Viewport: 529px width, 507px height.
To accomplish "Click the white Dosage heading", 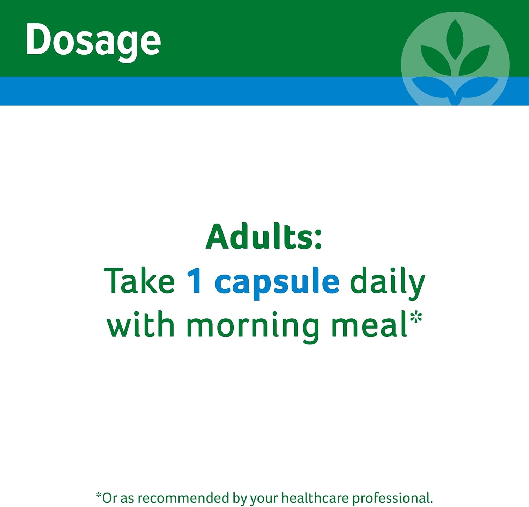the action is pyautogui.click(x=93, y=42).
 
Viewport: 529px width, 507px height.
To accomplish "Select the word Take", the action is pyautogui.click(x=139, y=281).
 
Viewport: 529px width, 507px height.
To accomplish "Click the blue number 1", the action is pyautogui.click(x=194, y=281).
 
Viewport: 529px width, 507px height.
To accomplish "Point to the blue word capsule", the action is pyautogui.click(x=277, y=283).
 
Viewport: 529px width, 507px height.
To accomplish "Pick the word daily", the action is pyautogui.click(x=387, y=283).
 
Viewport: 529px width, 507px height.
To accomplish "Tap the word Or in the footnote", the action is pyautogui.click(x=110, y=498).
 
